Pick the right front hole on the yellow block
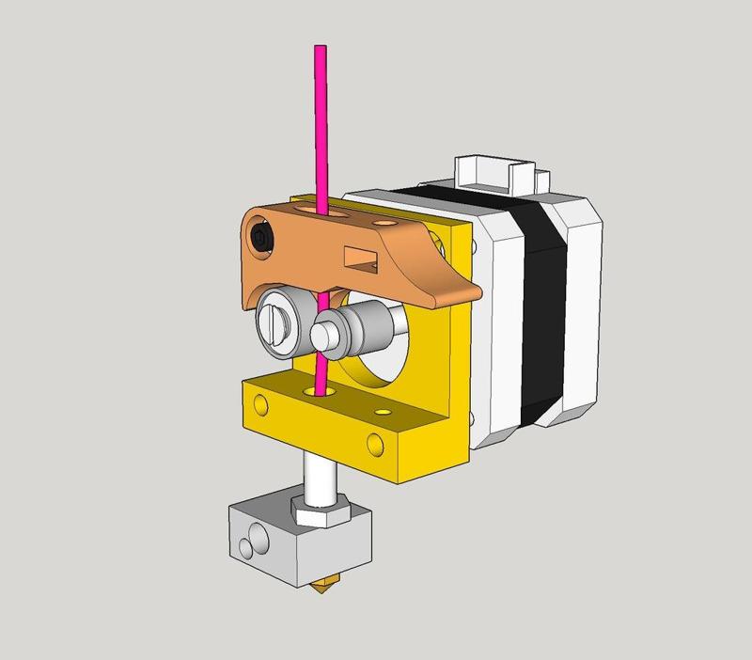tap(377, 441)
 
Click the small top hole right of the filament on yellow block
tap(381, 412)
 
